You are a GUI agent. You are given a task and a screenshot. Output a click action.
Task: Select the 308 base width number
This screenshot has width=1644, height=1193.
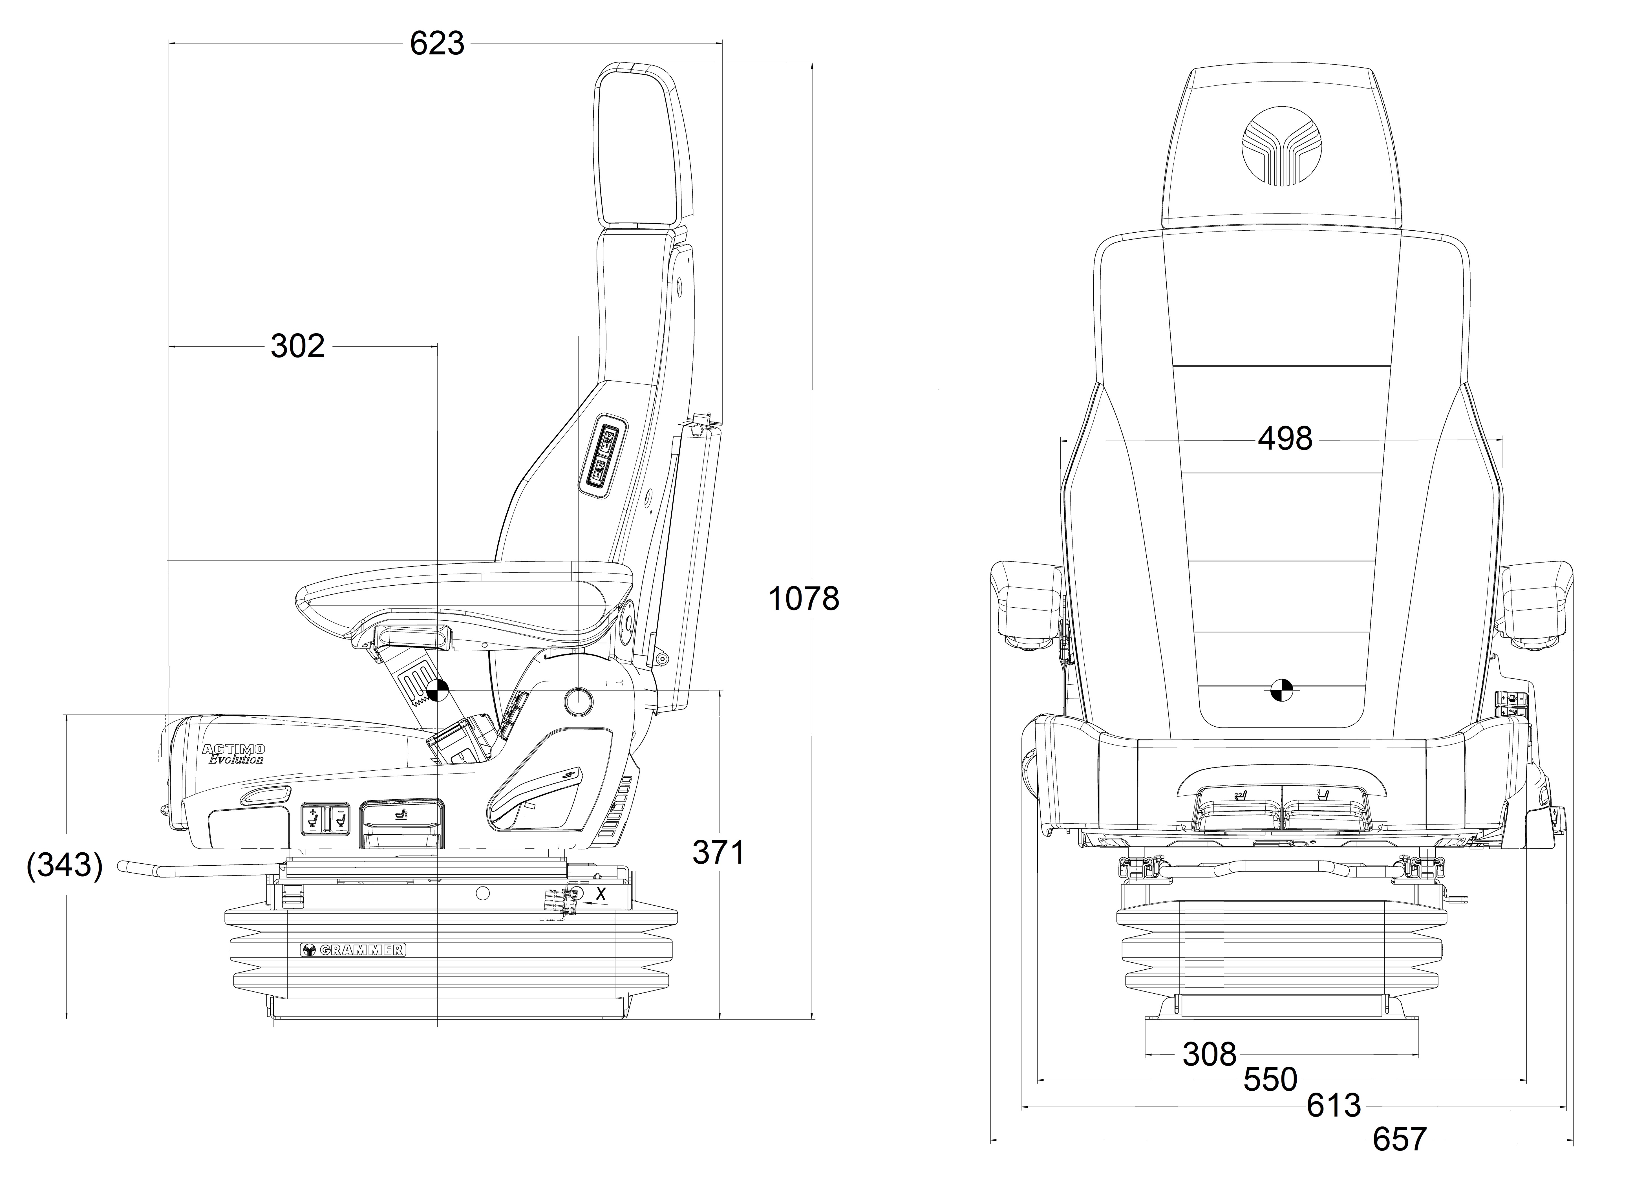coord(1209,1055)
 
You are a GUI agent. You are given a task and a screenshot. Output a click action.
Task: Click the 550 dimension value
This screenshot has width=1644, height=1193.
coord(1270,1080)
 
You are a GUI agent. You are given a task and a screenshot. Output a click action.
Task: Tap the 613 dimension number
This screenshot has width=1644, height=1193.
coord(1334,1106)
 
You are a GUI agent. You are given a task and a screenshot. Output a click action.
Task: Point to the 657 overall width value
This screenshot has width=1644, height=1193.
coord(1399,1140)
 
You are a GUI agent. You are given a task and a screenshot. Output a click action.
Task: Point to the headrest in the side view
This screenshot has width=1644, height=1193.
coord(641,145)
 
